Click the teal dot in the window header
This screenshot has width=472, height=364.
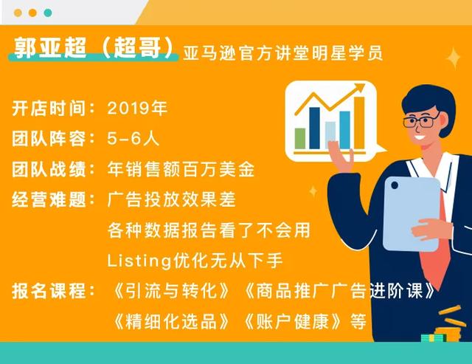48,13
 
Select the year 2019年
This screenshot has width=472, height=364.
137,108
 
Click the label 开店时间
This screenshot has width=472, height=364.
49,109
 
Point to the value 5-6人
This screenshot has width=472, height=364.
133,139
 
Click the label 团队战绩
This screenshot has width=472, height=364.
49,169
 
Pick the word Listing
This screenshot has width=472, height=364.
139,261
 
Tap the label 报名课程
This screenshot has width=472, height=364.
49,291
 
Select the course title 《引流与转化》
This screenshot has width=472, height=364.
170,291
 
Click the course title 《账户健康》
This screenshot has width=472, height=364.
293,321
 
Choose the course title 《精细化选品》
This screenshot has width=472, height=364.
170,321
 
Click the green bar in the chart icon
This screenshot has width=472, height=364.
300,138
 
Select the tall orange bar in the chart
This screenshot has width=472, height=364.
359,123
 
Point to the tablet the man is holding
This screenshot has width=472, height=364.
412,214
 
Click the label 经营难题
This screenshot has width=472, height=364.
49,199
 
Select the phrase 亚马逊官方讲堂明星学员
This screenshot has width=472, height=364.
283,53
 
